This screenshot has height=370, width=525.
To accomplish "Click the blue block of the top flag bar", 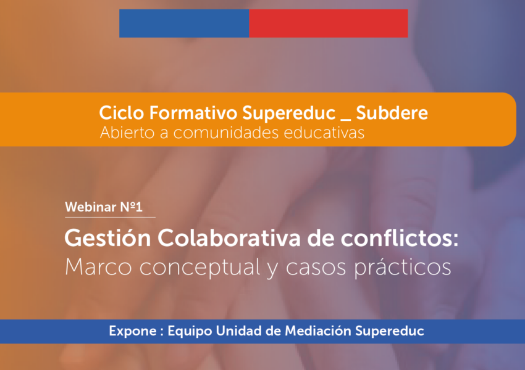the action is click(184, 23).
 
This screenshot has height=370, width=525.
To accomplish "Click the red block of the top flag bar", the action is click(329, 23).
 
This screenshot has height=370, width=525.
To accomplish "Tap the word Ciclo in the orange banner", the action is click(122, 113).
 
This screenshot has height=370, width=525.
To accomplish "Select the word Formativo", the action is click(193, 113).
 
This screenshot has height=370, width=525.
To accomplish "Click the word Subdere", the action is click(392, 113).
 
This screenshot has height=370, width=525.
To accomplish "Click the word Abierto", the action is click(127, 133).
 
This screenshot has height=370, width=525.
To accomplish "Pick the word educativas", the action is click(324, 133).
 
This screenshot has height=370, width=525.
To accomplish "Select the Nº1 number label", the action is click(132, 207).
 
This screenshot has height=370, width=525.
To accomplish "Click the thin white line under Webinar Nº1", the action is click(110, 217).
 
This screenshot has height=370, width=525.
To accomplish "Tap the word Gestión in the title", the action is click(108, 238).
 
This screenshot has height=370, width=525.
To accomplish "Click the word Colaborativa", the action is click(229, 238).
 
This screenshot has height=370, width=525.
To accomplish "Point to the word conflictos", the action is click(400, 238).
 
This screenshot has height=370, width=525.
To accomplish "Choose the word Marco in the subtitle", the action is click(98, 267).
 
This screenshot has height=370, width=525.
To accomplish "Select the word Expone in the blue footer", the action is click(133, 331).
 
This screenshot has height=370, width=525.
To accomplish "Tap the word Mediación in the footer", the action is click(318, 331).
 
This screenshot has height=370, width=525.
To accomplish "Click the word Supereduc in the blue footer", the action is click(390, 331).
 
